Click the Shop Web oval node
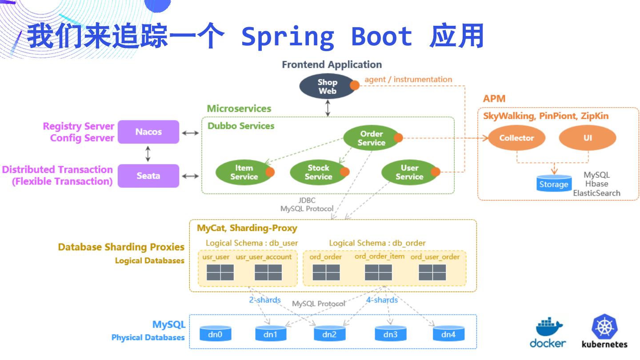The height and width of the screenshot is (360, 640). [328, 86]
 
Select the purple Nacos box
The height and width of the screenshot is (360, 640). [148, 132]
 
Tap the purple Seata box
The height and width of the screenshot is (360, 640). [148, 176]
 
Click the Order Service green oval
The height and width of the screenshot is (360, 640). [371, 138]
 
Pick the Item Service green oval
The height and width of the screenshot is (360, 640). [244, 172]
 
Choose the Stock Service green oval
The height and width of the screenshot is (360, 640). [318, 172]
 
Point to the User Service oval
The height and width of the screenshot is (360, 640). [409, 172]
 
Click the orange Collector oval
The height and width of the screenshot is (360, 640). [516, 138]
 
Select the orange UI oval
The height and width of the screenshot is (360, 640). [587, 138]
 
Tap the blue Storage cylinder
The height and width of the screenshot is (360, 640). [553, 183]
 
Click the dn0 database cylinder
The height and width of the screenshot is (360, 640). [215, 333]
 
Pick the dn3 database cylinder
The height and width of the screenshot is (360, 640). [390, 333]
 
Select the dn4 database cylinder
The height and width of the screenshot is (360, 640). [448, 333]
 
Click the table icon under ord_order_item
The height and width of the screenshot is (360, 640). [378, 272]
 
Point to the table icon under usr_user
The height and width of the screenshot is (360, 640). [220, 272]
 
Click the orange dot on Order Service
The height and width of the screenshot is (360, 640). [398, 138]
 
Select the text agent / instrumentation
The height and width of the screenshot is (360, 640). [408, 80]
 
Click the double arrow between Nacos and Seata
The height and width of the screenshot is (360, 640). [148, 153]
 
